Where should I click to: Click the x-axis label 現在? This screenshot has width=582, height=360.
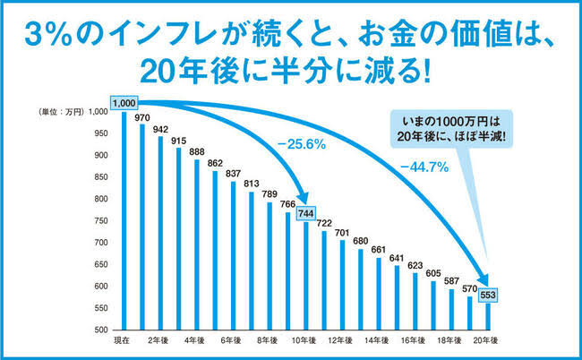point(123,341)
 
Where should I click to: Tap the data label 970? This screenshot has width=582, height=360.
point(141,116)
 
